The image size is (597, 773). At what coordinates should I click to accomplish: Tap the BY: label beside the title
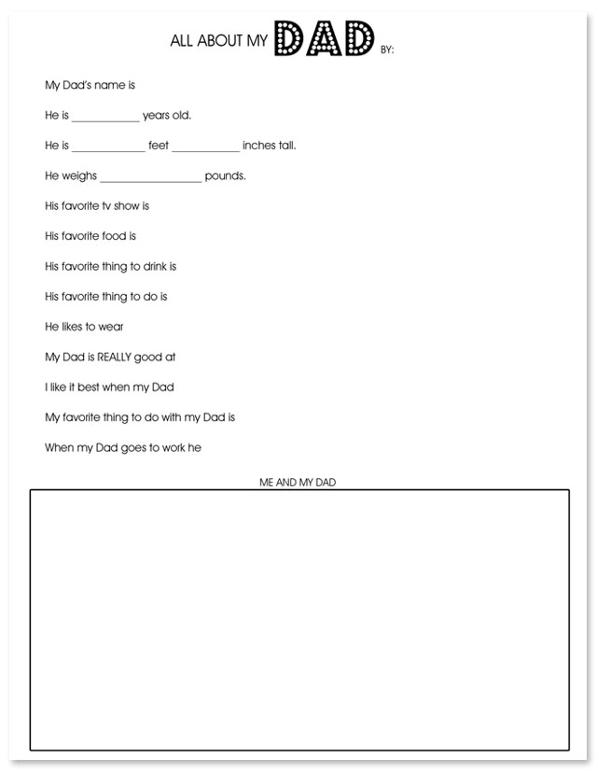387,50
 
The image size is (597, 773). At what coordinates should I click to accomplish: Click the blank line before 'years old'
104,119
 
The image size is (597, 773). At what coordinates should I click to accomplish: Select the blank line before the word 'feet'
108,149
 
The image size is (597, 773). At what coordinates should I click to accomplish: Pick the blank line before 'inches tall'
205,149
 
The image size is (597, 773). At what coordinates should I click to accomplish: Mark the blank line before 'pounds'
150,179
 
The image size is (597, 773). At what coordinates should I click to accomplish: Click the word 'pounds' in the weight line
225,176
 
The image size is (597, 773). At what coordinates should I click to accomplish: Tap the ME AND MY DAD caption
298,482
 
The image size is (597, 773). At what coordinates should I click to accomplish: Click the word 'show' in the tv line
128,205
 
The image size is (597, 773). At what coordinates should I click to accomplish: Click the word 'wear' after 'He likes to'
111,327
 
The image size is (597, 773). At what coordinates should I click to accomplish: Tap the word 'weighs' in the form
79,176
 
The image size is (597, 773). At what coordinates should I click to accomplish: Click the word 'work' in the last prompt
167,447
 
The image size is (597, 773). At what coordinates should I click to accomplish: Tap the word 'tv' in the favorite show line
106,205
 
